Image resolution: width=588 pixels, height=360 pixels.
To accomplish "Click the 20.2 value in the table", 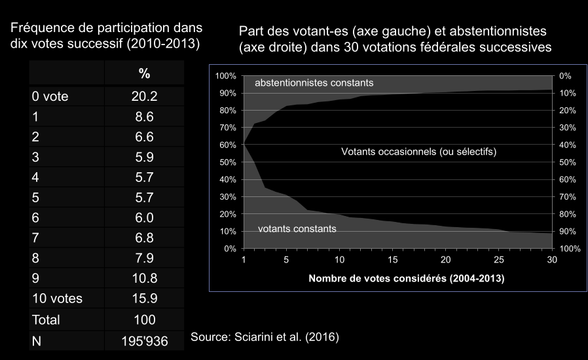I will pyautogui.click(x=144, y=97).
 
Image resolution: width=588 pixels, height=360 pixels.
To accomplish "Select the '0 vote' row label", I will pyautogui.click(x=50, y=97).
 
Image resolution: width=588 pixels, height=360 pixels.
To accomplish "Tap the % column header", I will pyautogui.click(x=144, y=73).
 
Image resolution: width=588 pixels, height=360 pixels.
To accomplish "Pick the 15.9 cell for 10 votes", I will pyautogui.click(x=144, y=299).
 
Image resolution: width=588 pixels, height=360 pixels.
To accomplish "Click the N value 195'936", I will pyautogui.click(x=144, y=341).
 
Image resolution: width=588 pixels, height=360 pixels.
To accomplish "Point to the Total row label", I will pyautogui.click(x=46, y=320).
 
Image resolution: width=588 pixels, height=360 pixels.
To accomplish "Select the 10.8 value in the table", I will pyautogui.click(x=144, y=278).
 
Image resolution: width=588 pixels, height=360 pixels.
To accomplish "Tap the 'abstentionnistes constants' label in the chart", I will pyautogui.click(x=314, y=83).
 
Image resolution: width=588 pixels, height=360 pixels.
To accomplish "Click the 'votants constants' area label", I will pyautogui.click(x=297, y=228).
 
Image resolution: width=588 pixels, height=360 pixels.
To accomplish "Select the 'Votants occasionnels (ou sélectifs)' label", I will pyautogui.click(x=419, y=152).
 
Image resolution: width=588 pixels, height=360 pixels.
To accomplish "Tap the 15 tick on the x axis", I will pyautogui.click(x=393, y=259).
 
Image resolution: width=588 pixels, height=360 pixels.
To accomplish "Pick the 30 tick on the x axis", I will pyautogui.click(x=552, y=259).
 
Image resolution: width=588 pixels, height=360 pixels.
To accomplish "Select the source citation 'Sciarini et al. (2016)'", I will pyautogui.click(x=265, y=337).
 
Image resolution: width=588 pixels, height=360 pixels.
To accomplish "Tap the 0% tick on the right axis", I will pyautogui.click(x=566, y=76).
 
